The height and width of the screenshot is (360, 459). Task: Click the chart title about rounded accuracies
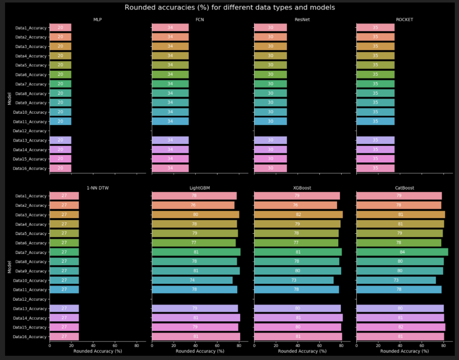[x=230, y=8]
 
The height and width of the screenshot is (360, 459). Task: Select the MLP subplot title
[x=98, y=19]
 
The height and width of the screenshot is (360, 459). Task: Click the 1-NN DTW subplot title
[x=98, y=188]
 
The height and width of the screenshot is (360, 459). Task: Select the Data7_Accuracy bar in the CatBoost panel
[x=402, y=252]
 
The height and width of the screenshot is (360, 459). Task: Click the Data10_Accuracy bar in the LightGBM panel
[x=192, y=280]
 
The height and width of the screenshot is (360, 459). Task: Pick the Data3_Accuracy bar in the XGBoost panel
[x=298, y=215]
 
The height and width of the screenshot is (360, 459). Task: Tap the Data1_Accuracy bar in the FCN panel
[x=170, y=28]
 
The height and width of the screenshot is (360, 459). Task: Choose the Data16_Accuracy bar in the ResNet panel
[x=270, y=168]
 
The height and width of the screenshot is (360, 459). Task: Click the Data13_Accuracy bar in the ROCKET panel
[x=375, y=140]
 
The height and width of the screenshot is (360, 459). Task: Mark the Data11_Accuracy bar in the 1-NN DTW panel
[x=64, y=290]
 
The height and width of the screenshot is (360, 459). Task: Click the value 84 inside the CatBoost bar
[x=402, y=252]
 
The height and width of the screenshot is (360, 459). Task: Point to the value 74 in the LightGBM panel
[x=192, y=280]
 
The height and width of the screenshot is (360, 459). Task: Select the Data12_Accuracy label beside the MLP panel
[x=30, y=131]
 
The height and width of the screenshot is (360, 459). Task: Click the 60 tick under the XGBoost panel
[x=319, y=345]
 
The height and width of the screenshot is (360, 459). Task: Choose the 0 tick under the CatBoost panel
[x=356, y=345]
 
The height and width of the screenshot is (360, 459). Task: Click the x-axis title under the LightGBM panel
[x=200, y=351]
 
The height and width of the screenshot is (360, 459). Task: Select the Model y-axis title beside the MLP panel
[x=9, y=98]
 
